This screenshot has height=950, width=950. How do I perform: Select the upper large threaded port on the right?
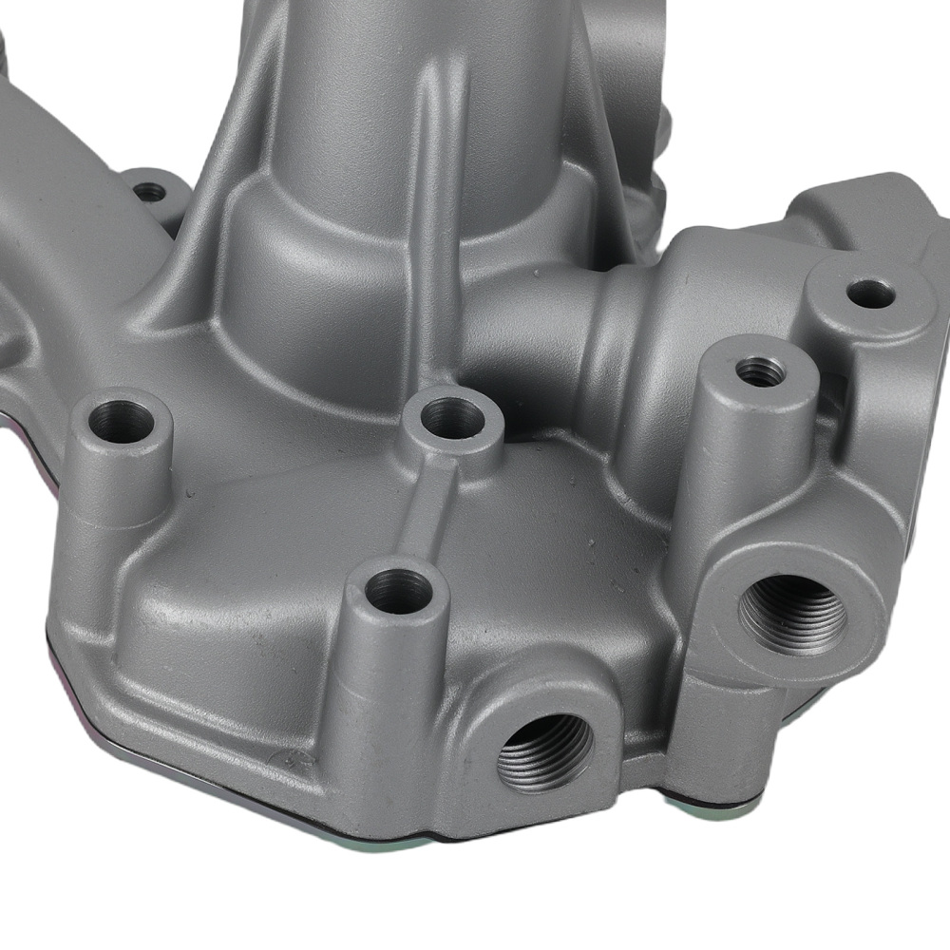coord(793,616)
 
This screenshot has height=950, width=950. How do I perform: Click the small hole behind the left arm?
coord(148,192)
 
